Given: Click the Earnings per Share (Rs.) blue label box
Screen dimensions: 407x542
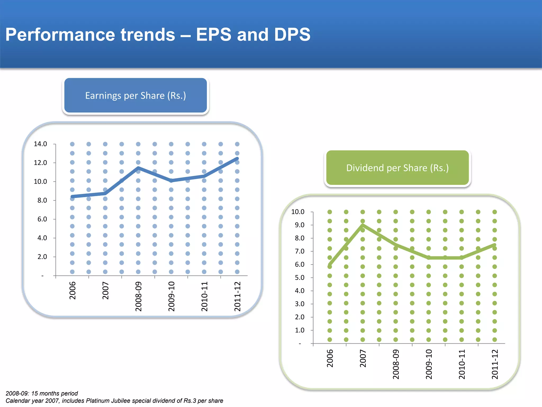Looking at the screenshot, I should [135, 95].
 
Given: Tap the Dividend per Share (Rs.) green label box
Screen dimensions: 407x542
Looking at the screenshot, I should [398, 168].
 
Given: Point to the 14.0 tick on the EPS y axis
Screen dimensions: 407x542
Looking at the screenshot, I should [40, 144].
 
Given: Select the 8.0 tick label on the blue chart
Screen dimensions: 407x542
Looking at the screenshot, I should [42, 200].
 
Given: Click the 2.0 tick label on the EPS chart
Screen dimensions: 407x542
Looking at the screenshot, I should [42, 257].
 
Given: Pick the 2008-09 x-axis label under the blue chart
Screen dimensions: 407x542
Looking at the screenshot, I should [138, 296].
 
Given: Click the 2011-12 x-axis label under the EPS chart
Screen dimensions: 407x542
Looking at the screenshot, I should [237, 296].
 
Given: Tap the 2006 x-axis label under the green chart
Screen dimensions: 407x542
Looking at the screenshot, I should [330, 358].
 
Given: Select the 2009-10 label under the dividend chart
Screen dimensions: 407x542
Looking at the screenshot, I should [429, 364].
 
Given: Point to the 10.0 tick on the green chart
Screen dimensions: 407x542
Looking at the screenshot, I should [298, 212].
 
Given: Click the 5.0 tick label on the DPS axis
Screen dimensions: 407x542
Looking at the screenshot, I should [300, 277].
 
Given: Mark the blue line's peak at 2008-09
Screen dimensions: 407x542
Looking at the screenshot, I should [138, 168].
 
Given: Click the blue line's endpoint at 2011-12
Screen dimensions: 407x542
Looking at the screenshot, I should [237, 158].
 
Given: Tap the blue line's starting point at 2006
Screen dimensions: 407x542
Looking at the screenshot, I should [72, 197].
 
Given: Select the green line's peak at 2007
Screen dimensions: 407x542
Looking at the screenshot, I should [363, 225].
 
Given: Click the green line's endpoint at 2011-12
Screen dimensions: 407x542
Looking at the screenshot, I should [494, 245].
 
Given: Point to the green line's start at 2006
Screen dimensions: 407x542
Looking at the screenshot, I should [329, 265].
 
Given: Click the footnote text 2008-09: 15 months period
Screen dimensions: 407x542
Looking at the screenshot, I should [42, 393].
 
